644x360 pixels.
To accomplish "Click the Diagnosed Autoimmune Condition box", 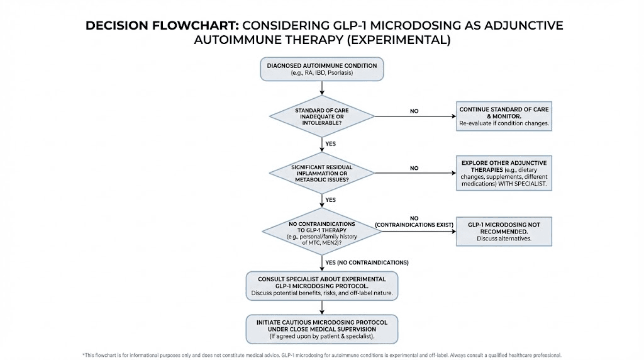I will point(322,69).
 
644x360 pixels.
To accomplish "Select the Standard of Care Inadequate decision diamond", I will point(322,115).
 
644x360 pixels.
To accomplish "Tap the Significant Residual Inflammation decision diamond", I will point(322,172).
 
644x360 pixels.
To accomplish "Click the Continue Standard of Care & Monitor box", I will point(504,117).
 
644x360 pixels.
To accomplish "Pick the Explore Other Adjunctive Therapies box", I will point(504,173).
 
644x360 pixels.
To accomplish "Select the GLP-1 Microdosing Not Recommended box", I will point(504,232).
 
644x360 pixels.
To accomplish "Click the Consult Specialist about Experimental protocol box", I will point(322,286).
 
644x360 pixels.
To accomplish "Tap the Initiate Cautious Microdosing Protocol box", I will point(322,329).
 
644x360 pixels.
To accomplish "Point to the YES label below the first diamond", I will point(331,143).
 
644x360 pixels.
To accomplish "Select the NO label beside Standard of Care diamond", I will point(414,111).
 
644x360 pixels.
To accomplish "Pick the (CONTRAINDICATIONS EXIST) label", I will point(413,225).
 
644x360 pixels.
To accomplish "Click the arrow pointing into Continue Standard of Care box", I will point(452,116).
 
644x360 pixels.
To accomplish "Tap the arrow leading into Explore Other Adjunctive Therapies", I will point(452,173).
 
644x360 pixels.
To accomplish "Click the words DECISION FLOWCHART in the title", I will point(162,26).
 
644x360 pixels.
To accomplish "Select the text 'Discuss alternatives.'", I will point(504,239).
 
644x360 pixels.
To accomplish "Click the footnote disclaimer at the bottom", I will point(322,355).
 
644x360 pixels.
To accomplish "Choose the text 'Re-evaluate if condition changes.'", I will point(504,124).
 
